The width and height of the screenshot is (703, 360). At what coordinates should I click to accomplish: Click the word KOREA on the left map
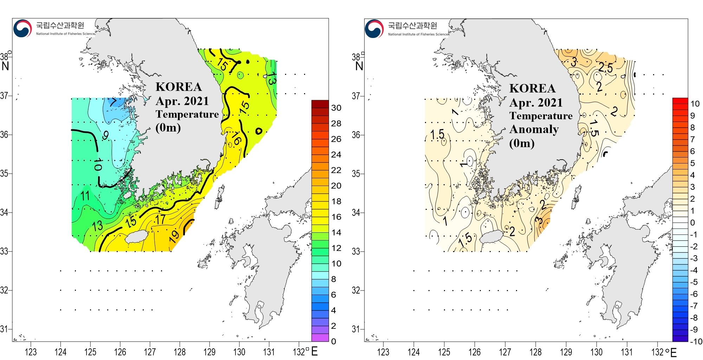tap(179, 87)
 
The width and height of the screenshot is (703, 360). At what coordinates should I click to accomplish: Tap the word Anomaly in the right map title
tap(534, 129)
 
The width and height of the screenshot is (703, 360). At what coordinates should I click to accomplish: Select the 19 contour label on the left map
tap(174, 237)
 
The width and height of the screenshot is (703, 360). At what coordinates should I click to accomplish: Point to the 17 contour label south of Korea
tap(160, 219)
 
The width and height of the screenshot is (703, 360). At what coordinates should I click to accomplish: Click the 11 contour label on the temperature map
tap(85, 196)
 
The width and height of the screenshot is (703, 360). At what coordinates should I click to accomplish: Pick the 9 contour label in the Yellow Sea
tap(105, 135)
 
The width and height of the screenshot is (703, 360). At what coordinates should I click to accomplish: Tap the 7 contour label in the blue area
tap(113, 102)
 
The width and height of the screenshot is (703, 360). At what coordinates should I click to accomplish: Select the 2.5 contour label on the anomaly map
tap(606, 67)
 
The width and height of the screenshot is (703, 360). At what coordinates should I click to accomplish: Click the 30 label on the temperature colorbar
tap(336, 108)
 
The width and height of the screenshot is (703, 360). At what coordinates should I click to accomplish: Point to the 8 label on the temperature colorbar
tap(334, 279)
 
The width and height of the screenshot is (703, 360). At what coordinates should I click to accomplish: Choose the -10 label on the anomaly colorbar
tap(696, 341)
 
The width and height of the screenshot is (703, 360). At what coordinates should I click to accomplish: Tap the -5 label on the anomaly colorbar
tap(694, 282)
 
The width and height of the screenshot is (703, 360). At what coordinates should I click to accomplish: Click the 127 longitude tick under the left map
tap(150, 352)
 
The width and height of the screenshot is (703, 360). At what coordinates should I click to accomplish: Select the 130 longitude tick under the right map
tap(596, 352)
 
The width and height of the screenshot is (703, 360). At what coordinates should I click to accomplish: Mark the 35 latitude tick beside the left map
tap(4, 173)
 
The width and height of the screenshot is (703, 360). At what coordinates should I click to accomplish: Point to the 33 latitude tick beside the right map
tap(356, 251)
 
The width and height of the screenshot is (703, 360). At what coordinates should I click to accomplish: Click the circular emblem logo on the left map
tap(22, 28)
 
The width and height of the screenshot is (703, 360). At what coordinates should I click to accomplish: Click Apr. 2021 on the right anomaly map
tap(536, 103)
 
